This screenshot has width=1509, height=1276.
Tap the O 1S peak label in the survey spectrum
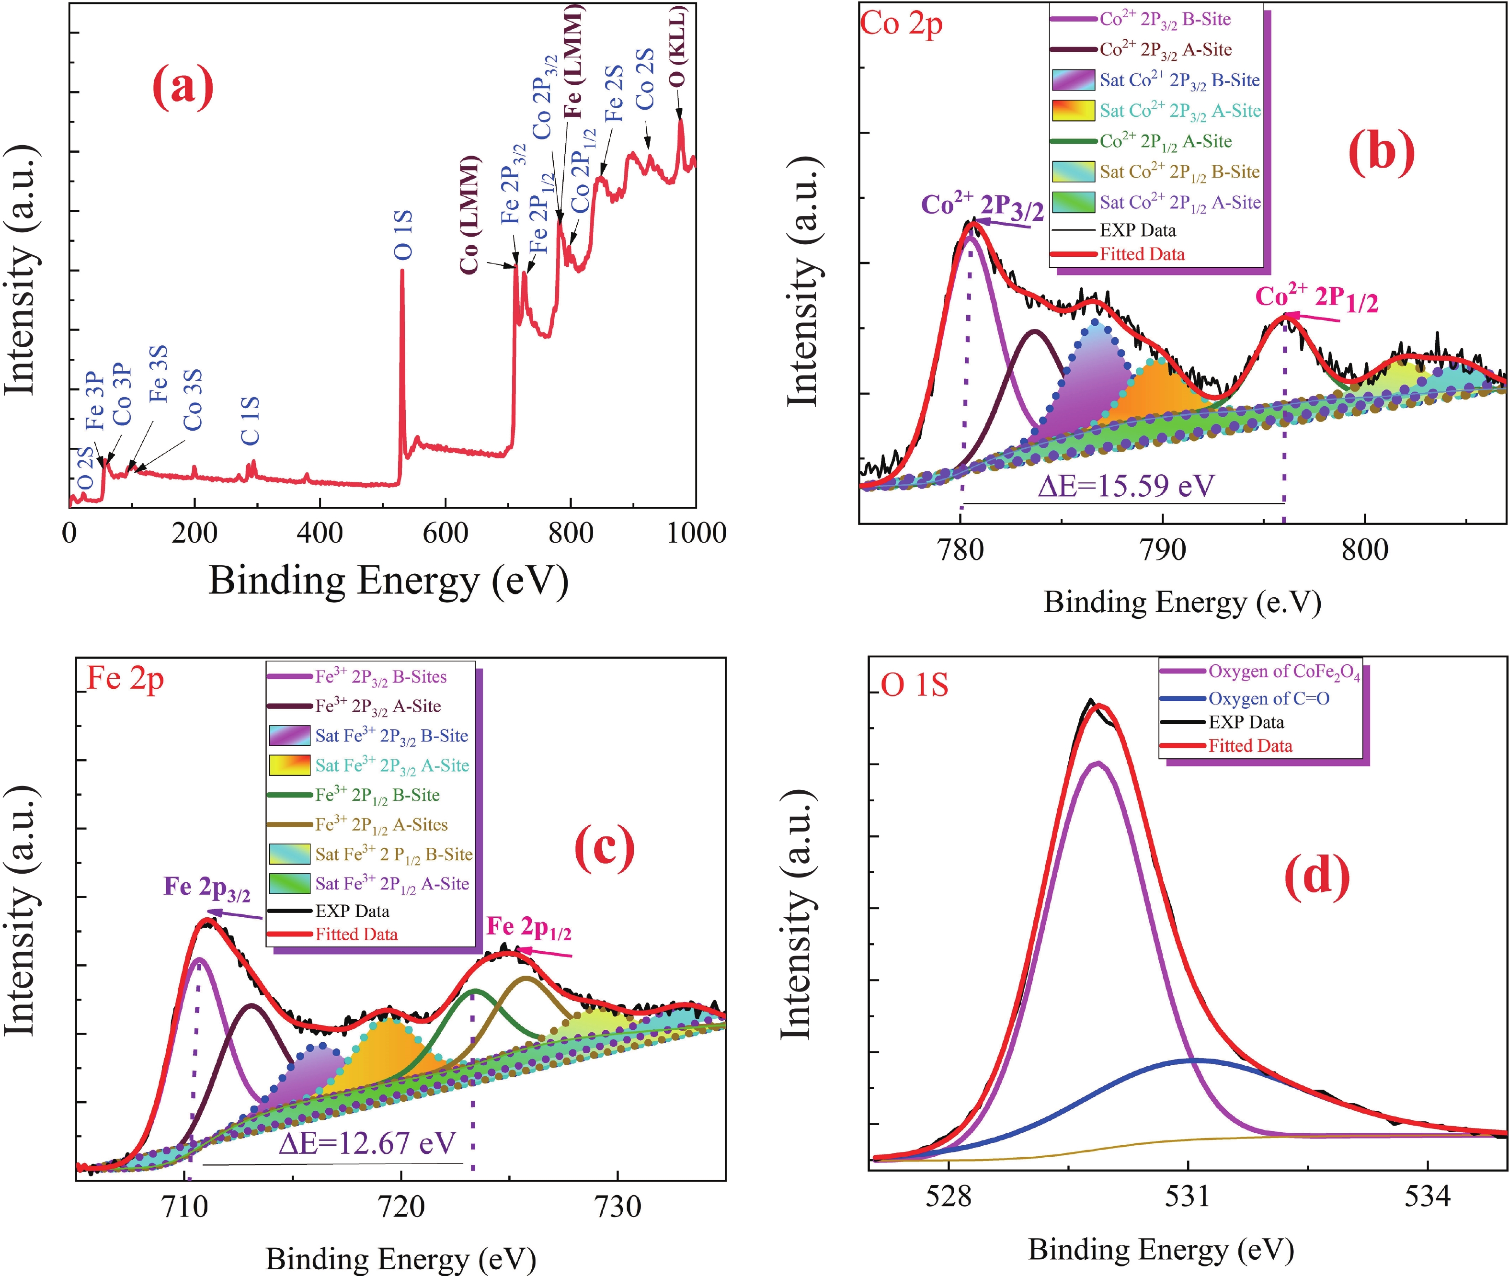(x=402, y=235)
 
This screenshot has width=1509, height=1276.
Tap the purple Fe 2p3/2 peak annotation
(x=207, y=889)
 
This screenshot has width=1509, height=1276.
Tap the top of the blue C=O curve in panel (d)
(x=1195, y=1060)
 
